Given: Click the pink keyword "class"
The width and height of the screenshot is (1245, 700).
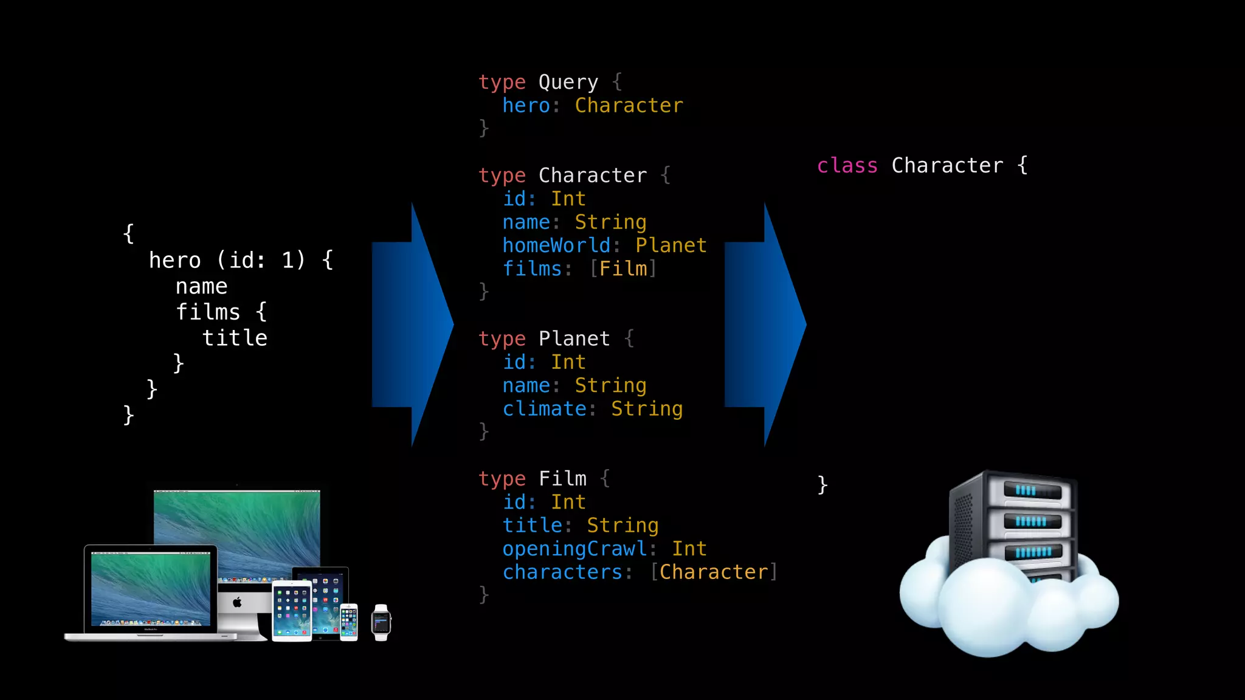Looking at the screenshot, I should click(847, 166).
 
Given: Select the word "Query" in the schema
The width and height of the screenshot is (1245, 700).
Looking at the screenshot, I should click(568, 82).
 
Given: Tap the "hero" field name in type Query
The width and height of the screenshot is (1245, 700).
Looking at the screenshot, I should click(526, 106).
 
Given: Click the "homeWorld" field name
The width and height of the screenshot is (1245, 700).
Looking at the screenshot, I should click(556, 245).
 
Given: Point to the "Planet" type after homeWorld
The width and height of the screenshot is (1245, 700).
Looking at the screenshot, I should click(671, 245).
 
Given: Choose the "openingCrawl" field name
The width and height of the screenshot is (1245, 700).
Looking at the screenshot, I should click(574, 549).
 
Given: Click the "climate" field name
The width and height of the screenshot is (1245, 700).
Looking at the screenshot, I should click(544, 409).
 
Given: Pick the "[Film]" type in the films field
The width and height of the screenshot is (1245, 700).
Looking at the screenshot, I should click(623, 269).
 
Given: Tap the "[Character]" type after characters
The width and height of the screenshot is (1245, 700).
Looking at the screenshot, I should click(714, 572).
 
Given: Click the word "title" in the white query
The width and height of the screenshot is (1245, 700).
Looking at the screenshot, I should click(235, 338).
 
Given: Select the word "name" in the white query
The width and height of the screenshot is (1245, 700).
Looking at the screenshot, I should click(201, 286).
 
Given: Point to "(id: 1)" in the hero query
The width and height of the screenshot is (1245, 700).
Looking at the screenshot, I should click(261, 260).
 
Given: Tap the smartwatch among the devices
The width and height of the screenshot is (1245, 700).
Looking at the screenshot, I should click(381, 622).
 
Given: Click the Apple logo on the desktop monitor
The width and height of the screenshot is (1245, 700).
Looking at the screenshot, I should click(237, 602).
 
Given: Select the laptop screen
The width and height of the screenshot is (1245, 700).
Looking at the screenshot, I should click(151, 588).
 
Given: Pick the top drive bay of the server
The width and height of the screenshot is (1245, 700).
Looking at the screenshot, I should click(1032, 490).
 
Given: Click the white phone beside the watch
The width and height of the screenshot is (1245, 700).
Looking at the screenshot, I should click(349, 622).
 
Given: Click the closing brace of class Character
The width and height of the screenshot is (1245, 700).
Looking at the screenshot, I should click(823, 485).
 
